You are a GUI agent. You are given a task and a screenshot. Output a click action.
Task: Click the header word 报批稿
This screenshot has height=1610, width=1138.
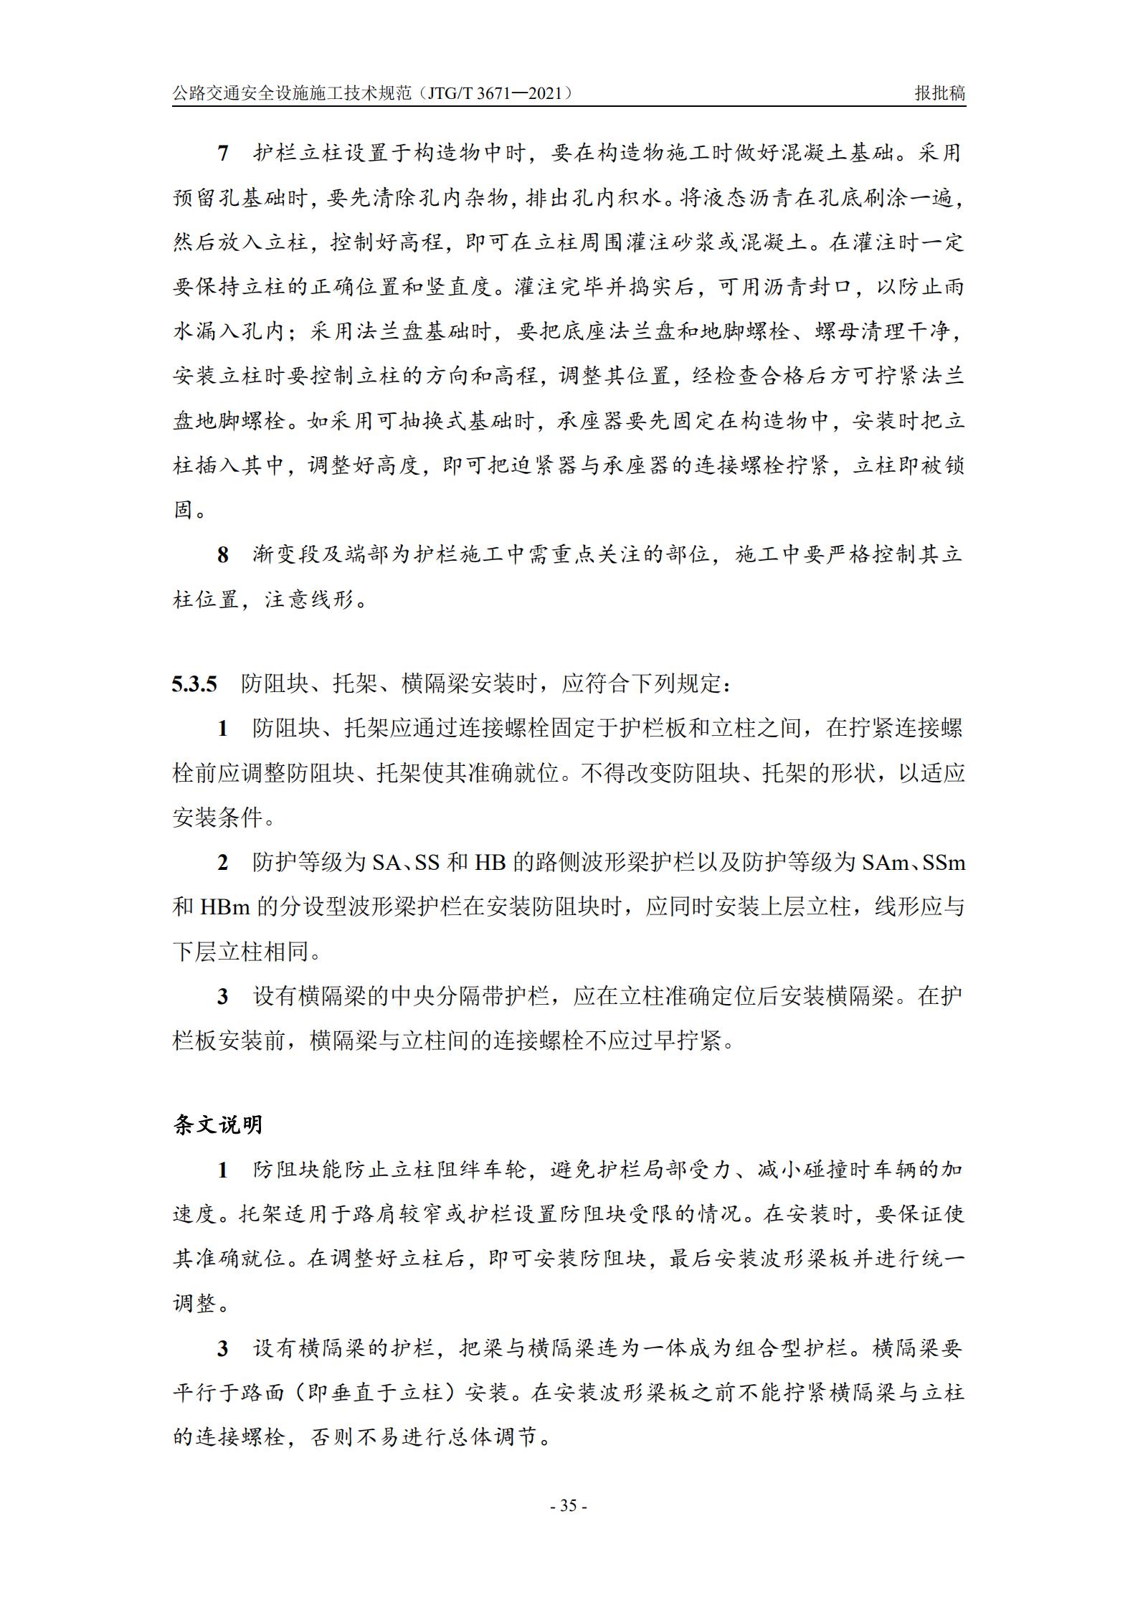tap(939, 93)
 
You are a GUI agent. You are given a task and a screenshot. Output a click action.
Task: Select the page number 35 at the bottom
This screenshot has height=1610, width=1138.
tap(569, 1505)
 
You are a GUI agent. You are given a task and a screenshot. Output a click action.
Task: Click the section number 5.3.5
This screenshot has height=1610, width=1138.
tap(194, 684)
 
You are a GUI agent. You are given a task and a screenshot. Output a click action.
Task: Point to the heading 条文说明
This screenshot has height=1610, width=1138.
tap(218, 1124)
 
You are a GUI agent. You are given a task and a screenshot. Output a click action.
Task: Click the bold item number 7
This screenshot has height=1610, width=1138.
tap(222, 153)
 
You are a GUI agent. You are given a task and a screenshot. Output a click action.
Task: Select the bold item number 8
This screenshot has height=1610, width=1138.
tap(222, 554)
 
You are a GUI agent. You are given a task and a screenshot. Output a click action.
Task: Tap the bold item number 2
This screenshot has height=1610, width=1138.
tap(222, 863)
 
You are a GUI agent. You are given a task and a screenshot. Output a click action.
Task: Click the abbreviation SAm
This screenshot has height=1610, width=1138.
tap(886, 863)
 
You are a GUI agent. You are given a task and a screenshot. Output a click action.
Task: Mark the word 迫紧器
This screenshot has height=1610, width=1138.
tap(544, 466)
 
